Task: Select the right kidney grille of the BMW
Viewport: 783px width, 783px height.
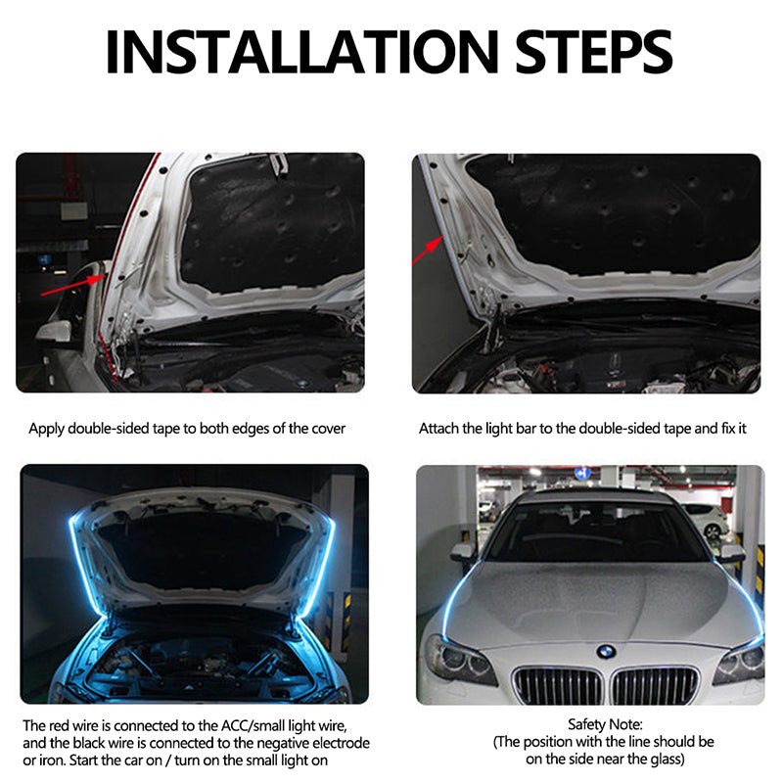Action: point(657,684)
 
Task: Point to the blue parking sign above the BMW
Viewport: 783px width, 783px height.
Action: point(581,473)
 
